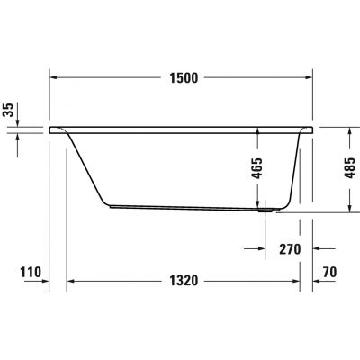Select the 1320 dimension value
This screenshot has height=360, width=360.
tap(183, 281)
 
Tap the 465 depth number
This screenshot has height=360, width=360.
tap(258, 169)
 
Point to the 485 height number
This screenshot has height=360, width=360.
tap(348, 169)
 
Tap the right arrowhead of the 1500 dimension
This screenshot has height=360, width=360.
tap(310, 79)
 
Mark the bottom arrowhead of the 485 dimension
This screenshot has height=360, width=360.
tap(348, 209)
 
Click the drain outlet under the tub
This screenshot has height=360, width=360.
tap(265, 213)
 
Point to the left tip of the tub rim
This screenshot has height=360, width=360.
tap(50, 128)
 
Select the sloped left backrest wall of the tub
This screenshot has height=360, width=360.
tap(85, 166)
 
